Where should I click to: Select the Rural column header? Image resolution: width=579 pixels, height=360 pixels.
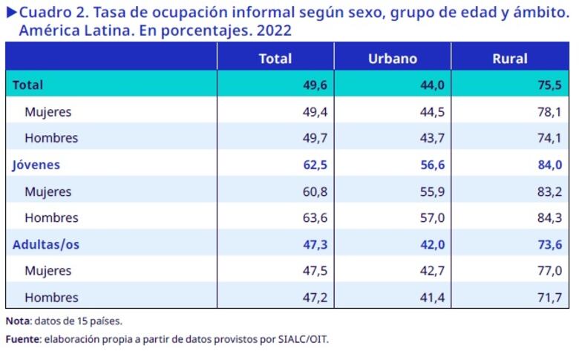[510, 59]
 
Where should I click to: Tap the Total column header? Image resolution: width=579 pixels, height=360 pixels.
[275, 59]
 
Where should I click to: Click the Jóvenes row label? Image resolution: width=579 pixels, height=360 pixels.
[36, 165]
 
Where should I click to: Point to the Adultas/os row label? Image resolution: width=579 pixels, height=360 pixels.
[45, 244]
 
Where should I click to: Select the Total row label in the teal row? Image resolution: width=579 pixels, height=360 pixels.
[27, 85]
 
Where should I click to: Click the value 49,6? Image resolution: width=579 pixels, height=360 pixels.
[314, 85]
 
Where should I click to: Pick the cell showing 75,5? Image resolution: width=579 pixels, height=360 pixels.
[549, 85]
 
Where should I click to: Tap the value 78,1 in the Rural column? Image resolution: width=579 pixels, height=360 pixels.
[549, 111]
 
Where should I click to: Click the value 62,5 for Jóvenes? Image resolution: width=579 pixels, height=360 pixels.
[314, 165]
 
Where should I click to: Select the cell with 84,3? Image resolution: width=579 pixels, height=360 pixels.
[549, 218]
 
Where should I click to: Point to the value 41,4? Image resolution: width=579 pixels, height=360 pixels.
[431, 298]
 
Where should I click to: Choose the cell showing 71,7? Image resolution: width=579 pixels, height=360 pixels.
[549, 298]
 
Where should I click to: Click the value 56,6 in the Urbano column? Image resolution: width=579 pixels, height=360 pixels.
[431, 165]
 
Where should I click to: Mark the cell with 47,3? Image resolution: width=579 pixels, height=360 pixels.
[314, 244]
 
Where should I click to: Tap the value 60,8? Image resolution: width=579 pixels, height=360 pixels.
[314, 192]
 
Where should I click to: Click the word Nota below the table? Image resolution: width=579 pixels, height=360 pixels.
[18, 321]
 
